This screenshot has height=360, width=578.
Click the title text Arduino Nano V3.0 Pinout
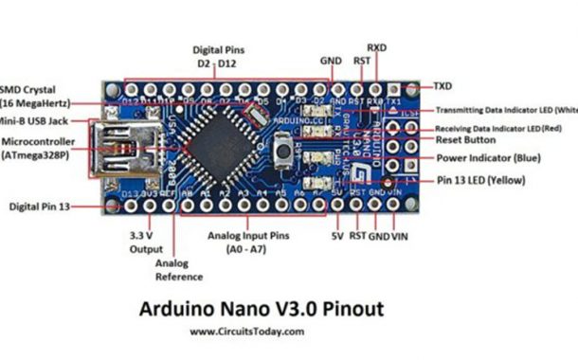tap(262, 309)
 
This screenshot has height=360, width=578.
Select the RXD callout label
tap(376, 46)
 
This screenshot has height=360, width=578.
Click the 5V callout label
tap(338, 234)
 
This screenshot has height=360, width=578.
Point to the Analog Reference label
tap(179, 270)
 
